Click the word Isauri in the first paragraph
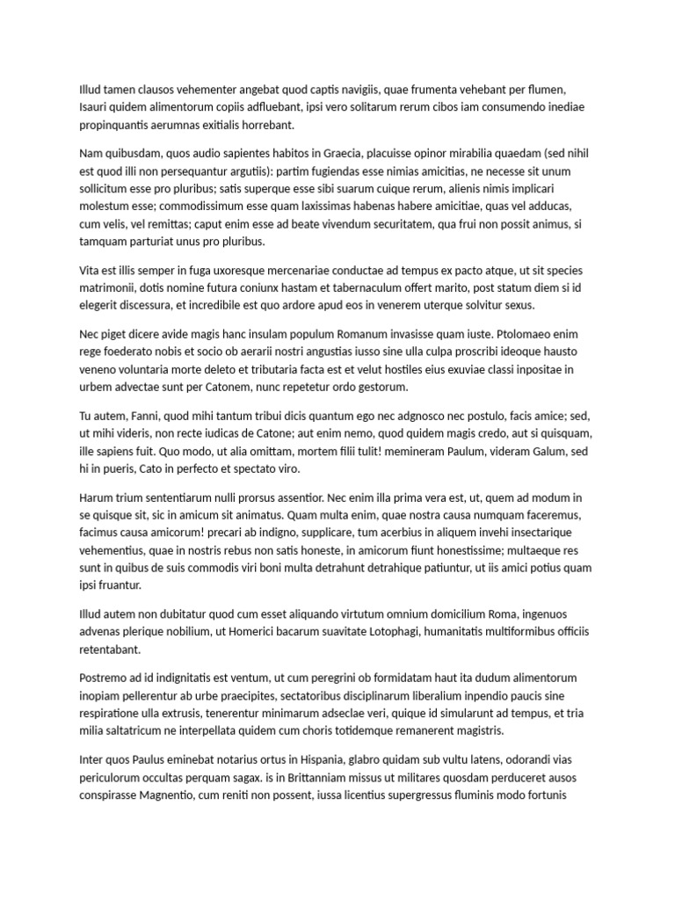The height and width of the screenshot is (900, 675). [x=95, y=106]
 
